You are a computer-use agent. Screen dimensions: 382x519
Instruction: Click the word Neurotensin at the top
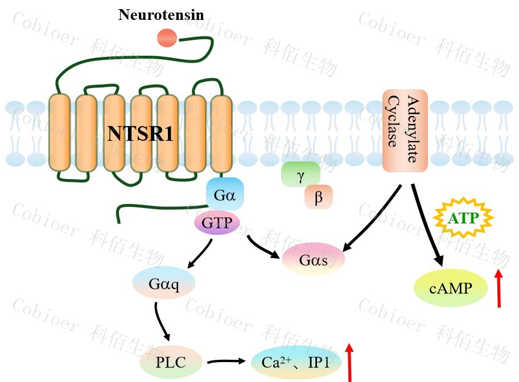click(x=160, y=15)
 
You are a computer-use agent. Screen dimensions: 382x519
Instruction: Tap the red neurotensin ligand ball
click(x=167, y=38)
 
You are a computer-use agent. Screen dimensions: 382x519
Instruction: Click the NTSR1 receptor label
click(x=141, y=134)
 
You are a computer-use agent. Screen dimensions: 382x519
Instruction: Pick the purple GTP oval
click(x=217, y=223)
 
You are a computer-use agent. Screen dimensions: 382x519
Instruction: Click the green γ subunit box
click(x=300, y=175)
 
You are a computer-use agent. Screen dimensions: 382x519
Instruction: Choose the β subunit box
click(x=318, y=197)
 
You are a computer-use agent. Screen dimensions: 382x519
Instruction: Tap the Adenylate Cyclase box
click(x=404, y=130)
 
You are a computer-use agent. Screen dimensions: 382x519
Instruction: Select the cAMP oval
click(x=451, y=288)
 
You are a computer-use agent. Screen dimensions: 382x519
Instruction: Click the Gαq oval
click(x=163, y=284)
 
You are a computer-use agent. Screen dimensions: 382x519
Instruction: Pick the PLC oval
click(x=171, y=361)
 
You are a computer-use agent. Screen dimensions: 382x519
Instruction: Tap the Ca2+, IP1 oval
click(x=296, y=361)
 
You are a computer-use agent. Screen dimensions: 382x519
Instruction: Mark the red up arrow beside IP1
click(x=350, y=362)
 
